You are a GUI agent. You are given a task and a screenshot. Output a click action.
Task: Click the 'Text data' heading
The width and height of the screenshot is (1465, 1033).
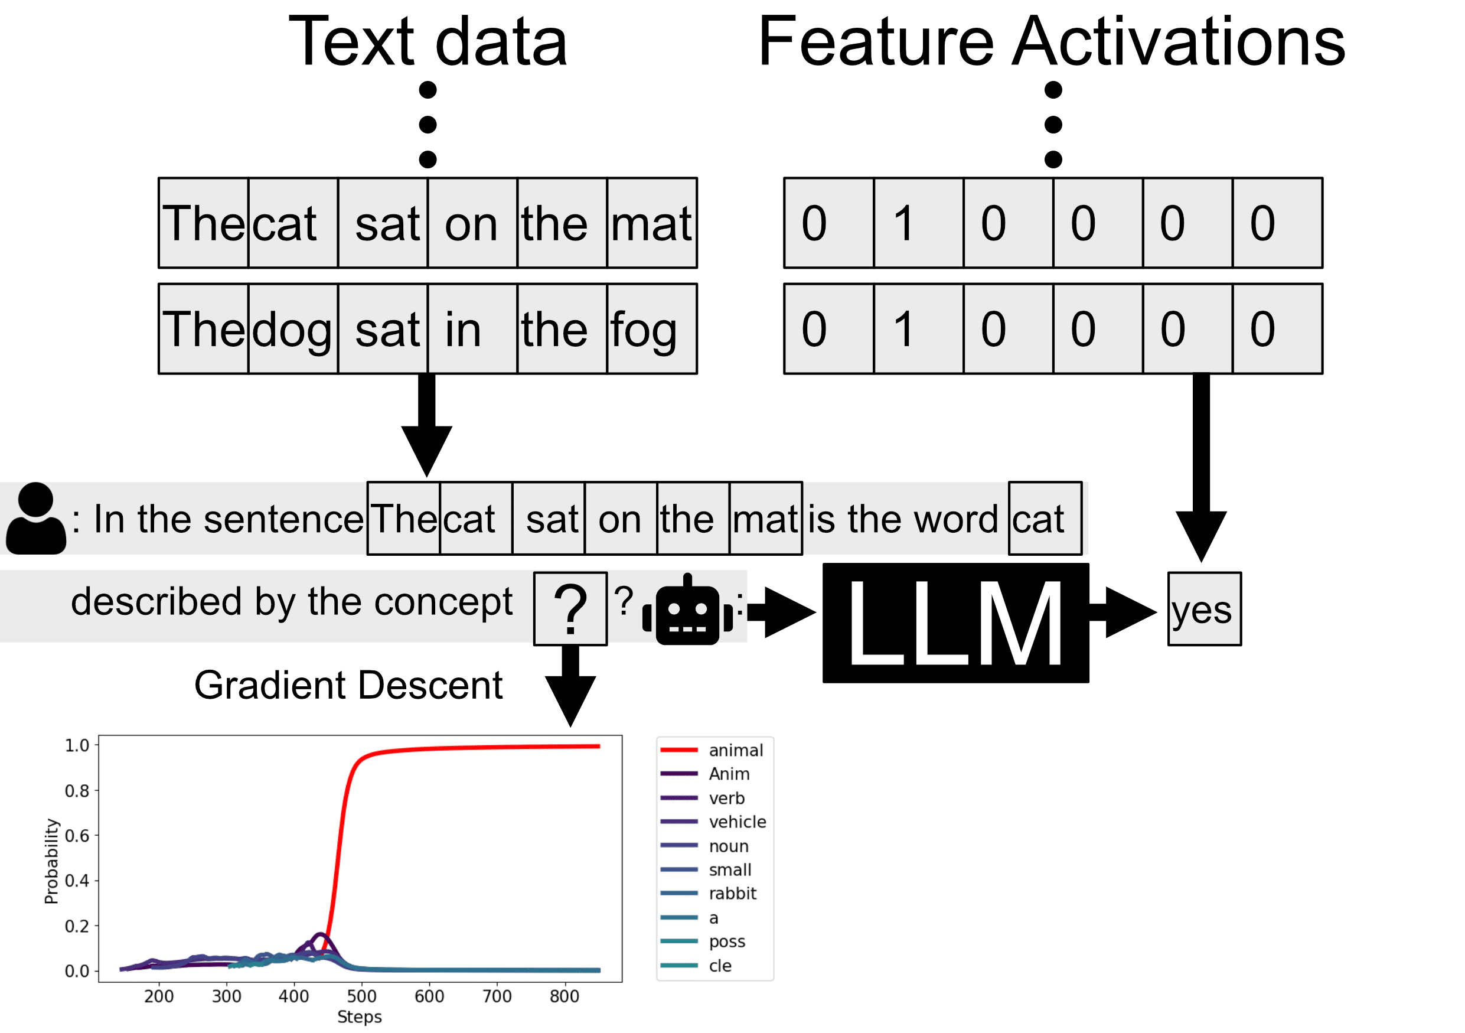click(428, 42)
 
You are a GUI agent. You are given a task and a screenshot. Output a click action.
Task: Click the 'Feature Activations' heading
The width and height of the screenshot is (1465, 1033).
click(1052, 42)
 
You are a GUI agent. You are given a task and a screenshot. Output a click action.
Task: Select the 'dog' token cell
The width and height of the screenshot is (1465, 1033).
click(293, 329)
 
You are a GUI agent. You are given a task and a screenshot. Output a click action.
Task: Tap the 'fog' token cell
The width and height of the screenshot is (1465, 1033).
click(651, 329)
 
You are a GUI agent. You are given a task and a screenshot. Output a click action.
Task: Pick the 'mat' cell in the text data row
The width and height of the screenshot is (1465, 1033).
click(651, 223)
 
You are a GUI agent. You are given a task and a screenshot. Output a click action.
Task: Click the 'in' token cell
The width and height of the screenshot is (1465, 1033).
click(472, 329)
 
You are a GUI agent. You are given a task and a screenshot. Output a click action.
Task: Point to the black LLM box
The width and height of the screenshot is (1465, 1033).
click(956, 623)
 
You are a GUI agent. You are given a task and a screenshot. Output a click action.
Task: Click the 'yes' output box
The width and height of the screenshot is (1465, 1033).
click(1205, 610)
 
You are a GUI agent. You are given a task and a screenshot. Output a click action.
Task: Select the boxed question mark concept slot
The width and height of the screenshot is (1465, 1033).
click(570, 610)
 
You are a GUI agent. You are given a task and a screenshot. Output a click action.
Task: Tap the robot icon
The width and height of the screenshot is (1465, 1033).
click(687, 611)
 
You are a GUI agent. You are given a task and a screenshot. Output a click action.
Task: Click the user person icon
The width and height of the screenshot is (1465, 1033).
click(36, 518)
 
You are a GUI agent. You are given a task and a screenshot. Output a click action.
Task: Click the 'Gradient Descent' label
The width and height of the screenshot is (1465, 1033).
click(348, 686)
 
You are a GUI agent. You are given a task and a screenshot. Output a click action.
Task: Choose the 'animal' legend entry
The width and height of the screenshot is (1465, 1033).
click(712, 750)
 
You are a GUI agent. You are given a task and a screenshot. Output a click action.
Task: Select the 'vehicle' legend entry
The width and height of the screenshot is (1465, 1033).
click(713, 822)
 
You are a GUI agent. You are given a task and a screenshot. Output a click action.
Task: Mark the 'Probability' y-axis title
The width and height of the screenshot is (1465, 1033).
click(51, 862)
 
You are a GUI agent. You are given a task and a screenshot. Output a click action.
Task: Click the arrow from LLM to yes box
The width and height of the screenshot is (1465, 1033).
click(1124, 612)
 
